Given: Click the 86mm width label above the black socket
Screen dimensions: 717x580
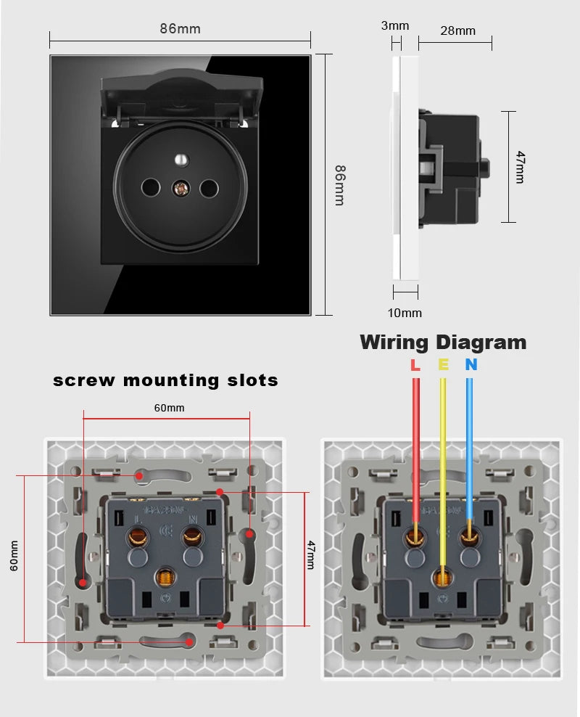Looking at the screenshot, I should [x=180, y=29].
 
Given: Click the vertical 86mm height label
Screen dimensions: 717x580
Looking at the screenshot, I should [x=339, y=185].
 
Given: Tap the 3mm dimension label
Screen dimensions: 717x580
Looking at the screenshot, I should [x=395, y=26].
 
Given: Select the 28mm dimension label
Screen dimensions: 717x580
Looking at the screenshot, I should [x=457, y=30].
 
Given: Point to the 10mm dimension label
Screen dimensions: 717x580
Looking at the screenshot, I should [x=405, y=313].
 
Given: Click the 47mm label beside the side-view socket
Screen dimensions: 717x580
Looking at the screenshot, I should [x=519, y=167].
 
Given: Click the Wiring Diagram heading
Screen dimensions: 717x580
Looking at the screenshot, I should [x=443, y=342].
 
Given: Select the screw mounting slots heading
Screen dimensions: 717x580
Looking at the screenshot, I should [x=165, y=380].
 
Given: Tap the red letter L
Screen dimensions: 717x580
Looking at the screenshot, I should [x=415, y=365].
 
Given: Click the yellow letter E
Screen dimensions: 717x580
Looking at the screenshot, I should [x=443, y=365].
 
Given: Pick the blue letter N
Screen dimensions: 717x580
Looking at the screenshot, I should [x=471, y=365].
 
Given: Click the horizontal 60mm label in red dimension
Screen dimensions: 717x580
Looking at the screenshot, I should [x=169, y=408].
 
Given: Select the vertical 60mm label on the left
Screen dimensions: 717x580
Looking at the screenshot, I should [x=14, y=556].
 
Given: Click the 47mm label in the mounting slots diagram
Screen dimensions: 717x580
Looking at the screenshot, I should [x=310, y=554].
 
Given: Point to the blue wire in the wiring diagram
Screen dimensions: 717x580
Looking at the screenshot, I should [x=470, y=450].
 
